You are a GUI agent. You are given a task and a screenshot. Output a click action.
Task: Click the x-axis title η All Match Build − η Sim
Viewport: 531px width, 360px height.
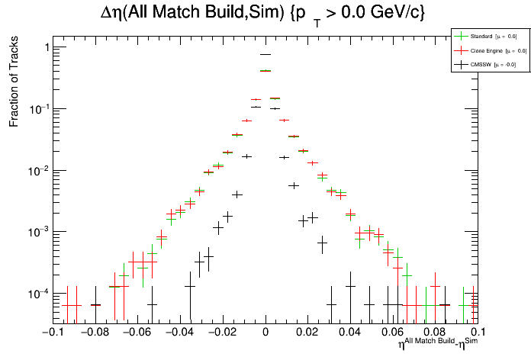(x=437, y=345)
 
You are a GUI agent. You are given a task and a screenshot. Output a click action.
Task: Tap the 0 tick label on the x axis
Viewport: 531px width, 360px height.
(x=265, y=333)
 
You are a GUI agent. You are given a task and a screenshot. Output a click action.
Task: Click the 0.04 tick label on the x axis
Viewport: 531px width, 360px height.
(x=350, y=333)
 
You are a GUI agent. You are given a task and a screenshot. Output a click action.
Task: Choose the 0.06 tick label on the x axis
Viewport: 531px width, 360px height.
(x=393, y=333)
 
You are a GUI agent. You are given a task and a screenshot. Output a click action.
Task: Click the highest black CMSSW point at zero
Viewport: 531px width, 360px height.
(x=265, y=54)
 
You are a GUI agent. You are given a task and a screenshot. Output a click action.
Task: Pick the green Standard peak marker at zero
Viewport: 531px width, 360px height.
(x=265, y=71)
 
